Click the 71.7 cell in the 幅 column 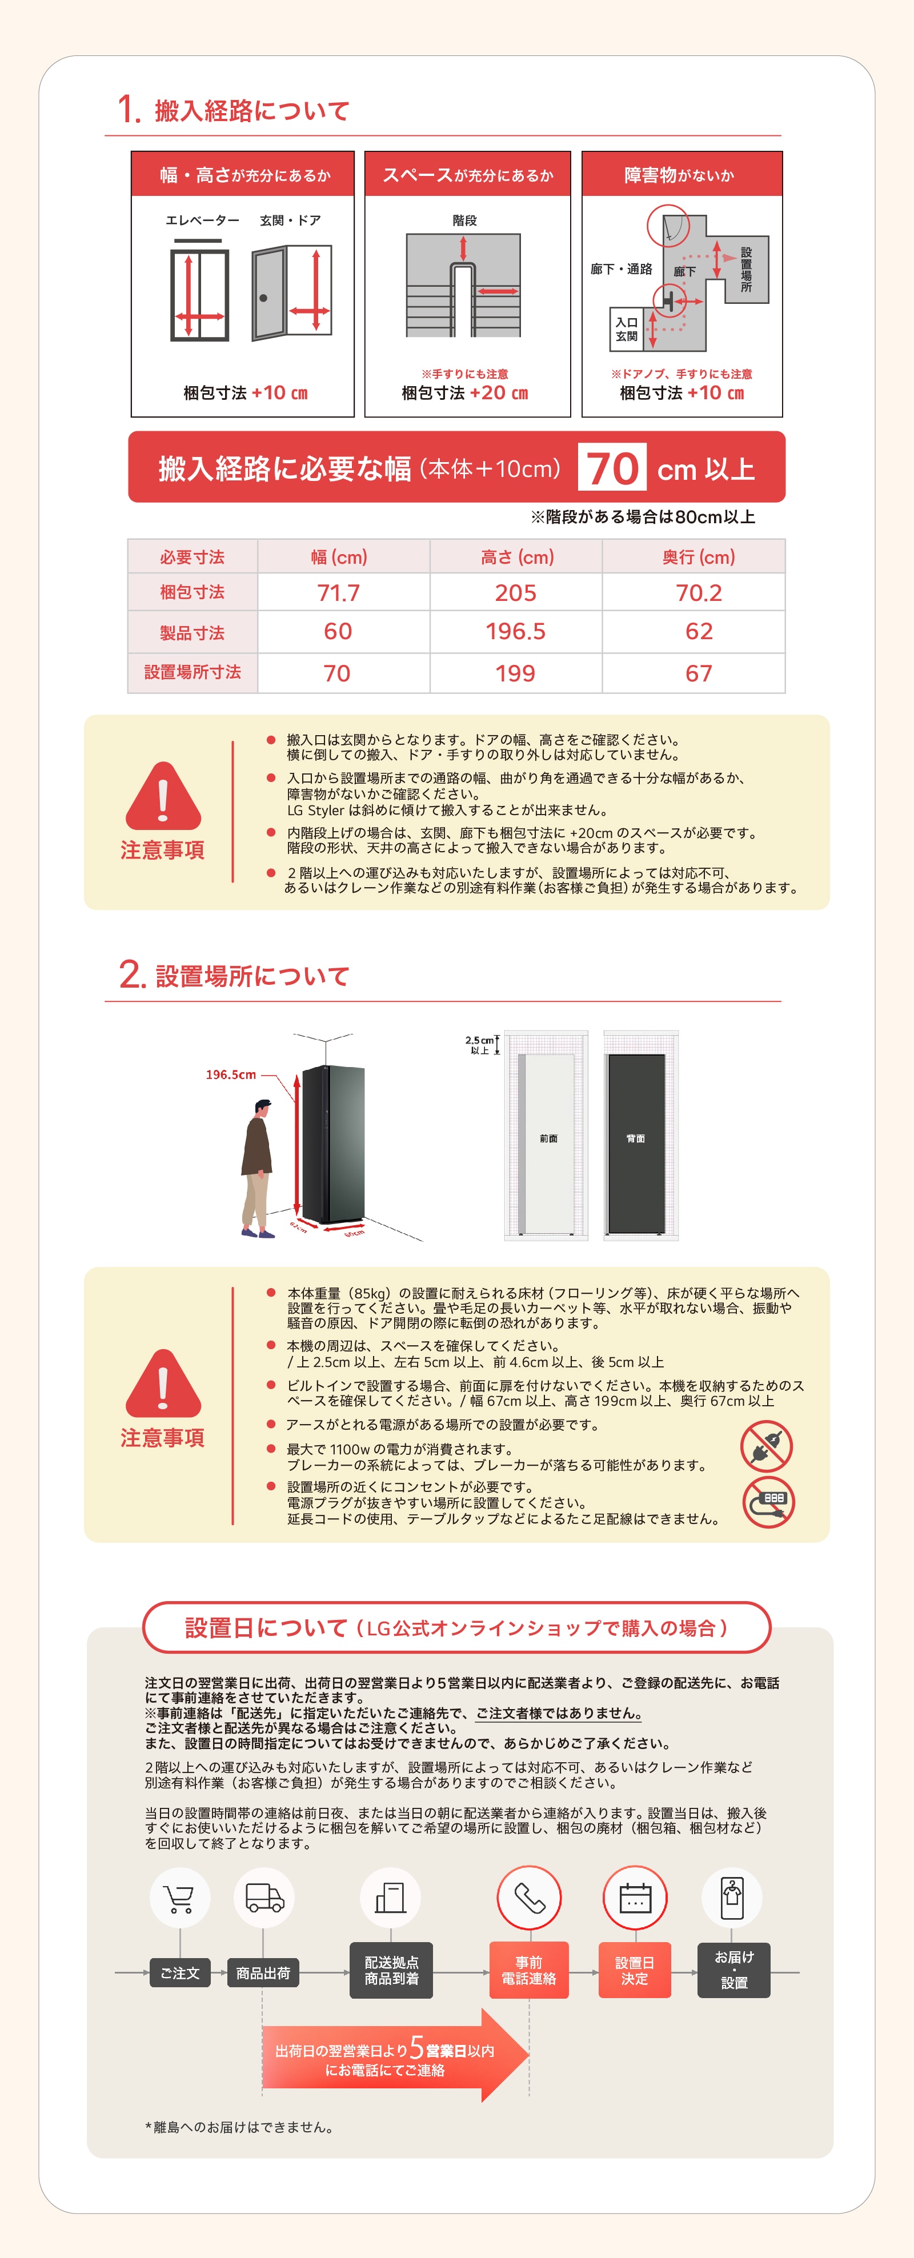click(338, 592)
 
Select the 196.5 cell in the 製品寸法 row click(515, 631)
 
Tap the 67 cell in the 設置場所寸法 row click(699, 673)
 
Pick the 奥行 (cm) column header click(699, 556)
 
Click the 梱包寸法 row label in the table click(192, 592)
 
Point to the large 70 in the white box click(612, 468)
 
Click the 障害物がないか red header click(681, 174)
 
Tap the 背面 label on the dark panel click(635, 1138)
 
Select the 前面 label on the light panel click(548, 1138)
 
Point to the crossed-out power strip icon click(768, 1502)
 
